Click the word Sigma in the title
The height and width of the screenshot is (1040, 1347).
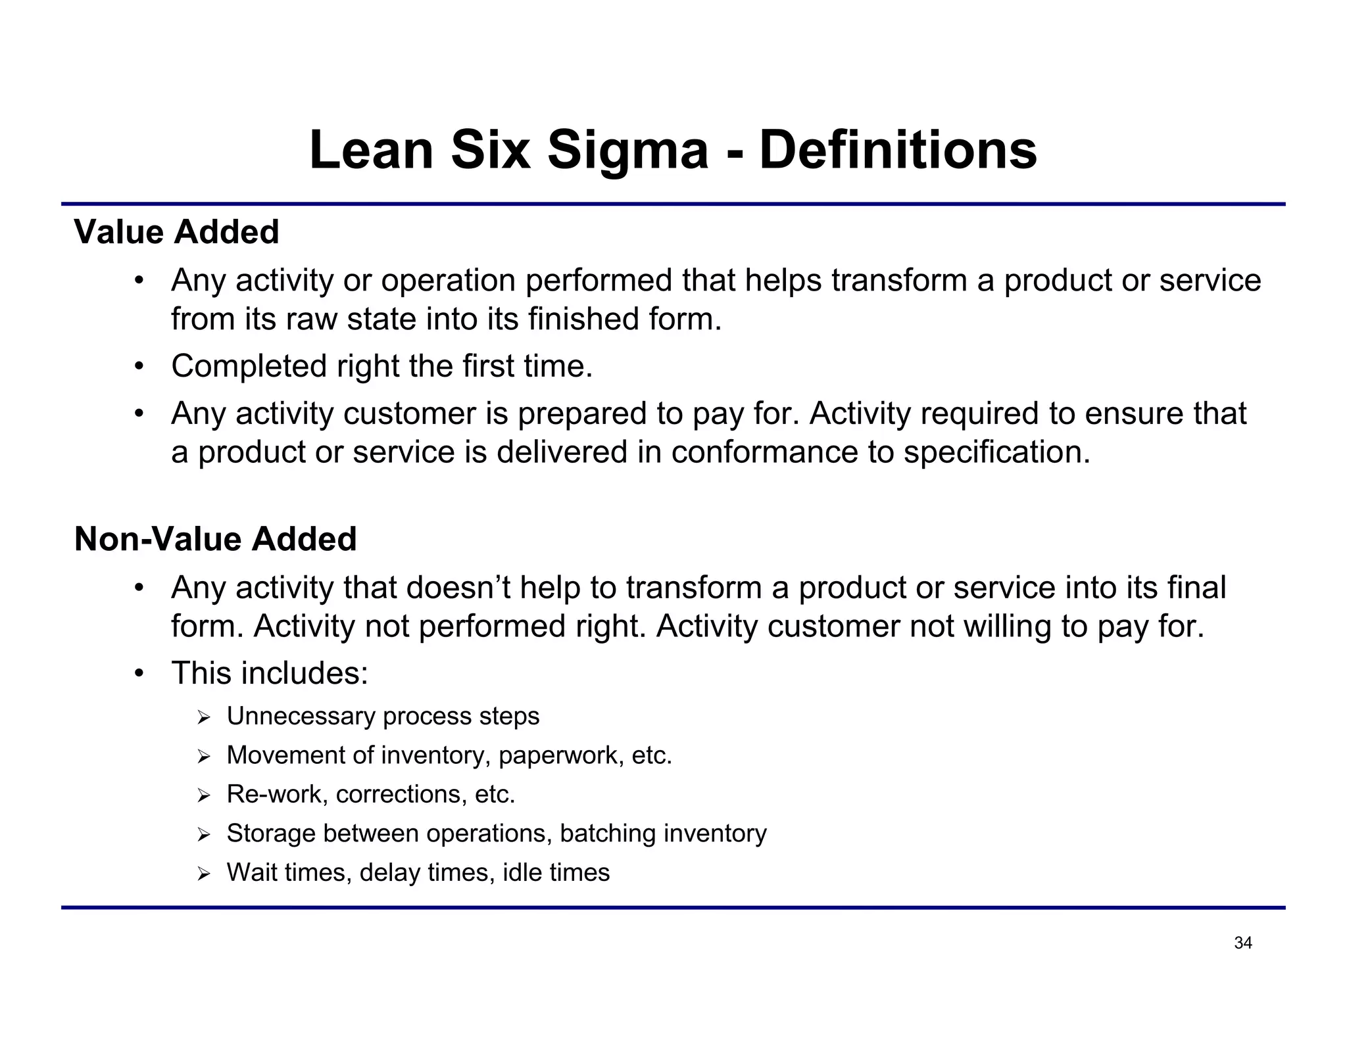(627, 151)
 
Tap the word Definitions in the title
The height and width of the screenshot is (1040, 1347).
(898, 150)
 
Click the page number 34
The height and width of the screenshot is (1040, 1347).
(1242, 943)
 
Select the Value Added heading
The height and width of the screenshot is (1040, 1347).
(176, 232)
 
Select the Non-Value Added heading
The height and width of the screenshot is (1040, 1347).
(215, 539)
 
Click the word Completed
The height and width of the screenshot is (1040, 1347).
(249, 366)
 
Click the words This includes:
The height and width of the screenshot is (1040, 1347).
(270, 673)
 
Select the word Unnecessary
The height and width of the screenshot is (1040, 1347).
(301, 716)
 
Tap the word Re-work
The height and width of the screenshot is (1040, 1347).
(274, 794)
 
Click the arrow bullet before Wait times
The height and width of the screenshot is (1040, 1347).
(203, 874)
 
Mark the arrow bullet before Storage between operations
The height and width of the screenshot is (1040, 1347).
(203, 835)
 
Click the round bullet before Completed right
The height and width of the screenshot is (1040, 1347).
(138, 366)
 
